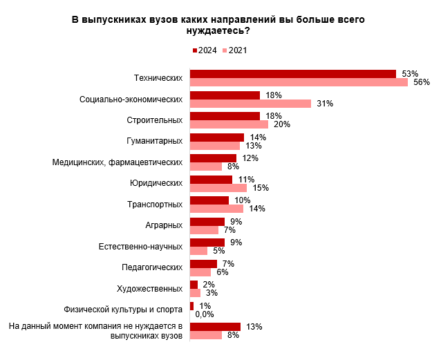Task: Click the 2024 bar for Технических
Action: pos(292,74)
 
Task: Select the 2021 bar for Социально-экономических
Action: pos(250,104)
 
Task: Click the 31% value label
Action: pos(324,104)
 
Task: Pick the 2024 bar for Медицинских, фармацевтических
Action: pos(213,158)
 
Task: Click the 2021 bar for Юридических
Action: pos(218,188)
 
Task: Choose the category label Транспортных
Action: pos(155,204)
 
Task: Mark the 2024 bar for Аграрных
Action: pos(207,221)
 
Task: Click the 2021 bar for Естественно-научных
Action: pos(198,251)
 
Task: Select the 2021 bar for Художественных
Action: pos(195,293)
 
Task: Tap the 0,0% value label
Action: pos(205,314)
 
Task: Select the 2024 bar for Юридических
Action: pos(211,180)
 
